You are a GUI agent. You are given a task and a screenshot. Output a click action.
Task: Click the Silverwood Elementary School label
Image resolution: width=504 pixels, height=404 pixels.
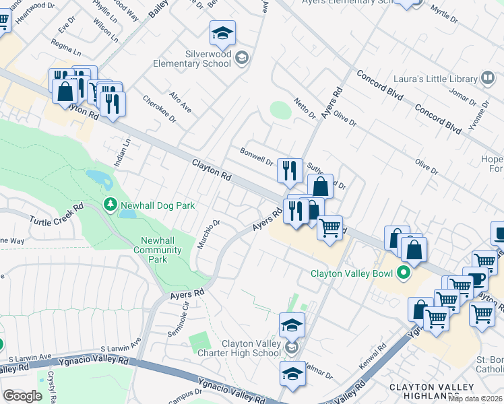click(x=212, y=59)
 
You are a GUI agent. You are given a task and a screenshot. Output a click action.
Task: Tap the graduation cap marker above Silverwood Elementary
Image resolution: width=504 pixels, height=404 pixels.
click(x=222, y=32)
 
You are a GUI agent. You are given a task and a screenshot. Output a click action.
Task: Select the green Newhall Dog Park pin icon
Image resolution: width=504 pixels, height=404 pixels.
click(x=109, y=203)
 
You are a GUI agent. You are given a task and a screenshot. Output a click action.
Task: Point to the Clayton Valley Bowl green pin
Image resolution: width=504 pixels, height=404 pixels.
click(x=404, y=273)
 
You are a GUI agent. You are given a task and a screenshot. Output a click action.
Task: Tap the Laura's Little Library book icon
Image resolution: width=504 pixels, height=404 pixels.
click(x=486, y=78)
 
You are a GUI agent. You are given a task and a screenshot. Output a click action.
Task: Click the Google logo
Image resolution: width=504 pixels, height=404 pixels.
click(x=22, y=396)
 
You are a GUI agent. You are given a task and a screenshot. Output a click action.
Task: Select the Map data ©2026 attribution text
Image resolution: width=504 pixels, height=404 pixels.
click(x=476, y=399)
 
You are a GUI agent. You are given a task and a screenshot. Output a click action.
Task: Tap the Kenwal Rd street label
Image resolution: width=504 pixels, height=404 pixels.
click(x=382, y=356)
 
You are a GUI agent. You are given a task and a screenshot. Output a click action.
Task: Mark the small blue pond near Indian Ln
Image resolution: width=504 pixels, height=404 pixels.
click(x=99, y=178)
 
